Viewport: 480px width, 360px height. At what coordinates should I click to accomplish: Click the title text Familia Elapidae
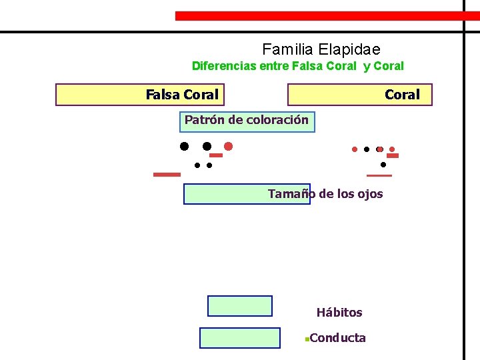click(x=321, y=49)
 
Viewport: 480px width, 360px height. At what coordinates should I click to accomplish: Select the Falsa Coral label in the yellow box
click(x=182, y=95)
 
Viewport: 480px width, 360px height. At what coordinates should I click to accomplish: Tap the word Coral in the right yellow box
click(x=402, y=95)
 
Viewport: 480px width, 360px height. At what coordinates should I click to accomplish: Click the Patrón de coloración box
click(x=247, y=121)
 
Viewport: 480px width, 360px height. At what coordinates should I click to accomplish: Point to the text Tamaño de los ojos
click(x=325, y=194)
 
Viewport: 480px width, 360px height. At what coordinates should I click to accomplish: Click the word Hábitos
click(x=339, y=313)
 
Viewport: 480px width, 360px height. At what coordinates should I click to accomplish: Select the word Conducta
click(x=338, y=338)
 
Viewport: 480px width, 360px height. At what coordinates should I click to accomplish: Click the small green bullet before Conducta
click(x=305, y=339)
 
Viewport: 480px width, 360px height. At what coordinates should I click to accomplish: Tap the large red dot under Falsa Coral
click(x=228, y=146)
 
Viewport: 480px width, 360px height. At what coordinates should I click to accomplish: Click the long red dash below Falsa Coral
click(x=167, y=175)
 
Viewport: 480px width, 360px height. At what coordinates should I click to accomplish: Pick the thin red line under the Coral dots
click(x=379, y=175)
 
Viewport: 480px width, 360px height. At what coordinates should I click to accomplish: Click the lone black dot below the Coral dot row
click(x=383, y=164)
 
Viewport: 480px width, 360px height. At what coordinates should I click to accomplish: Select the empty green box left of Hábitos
click(x=240, y=305)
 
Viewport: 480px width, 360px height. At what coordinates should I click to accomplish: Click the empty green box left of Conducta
click(x=240, y=338)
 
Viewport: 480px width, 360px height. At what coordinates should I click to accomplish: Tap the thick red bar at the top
click(x=327, y=15)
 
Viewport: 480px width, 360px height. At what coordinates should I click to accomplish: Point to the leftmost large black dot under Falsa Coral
click(x=183, y=146)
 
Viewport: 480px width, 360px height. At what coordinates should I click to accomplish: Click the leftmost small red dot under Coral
click(x=355, y=149)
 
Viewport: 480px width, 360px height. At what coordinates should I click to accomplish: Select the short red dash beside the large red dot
click(x=216, y=155)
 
